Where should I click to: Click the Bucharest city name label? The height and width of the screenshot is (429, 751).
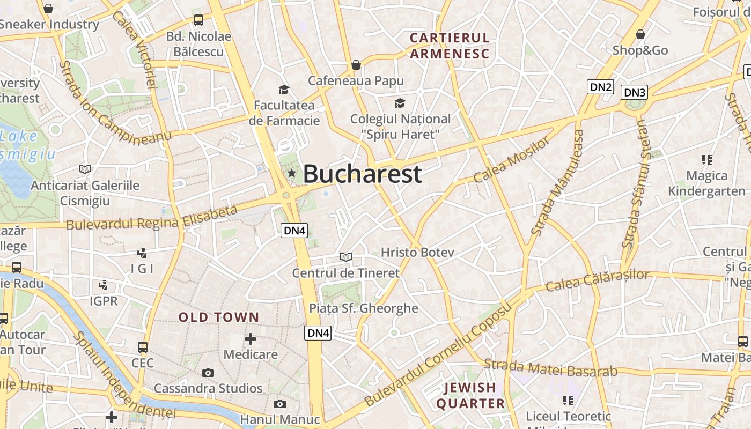(x=362, y=174)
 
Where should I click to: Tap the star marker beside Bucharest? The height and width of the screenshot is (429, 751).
(x=291, y=173)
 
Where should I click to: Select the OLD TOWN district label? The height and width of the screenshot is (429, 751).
(x=219, y=317)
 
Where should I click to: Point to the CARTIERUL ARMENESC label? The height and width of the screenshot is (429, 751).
(x=450, y=46)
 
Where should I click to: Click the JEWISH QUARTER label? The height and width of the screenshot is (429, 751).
(x=470, y=395)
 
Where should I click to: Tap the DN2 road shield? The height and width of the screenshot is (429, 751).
(x=600, y=87)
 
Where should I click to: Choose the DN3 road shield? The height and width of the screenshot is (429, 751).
(x=635, y=92)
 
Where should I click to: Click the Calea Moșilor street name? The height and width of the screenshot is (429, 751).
(x=512, y=159)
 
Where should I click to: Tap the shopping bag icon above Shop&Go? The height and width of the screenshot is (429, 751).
(x=640, y=35)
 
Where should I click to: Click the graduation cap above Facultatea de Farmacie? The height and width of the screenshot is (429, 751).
(x=284, y=90)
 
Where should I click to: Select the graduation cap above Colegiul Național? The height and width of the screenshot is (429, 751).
(x=400, y=103)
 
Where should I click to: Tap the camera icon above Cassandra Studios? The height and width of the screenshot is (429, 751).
(x=208, y=373)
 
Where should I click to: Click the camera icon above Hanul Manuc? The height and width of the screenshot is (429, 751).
(x=279, y=404)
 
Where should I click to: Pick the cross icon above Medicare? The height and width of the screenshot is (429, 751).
(x=251, y=339)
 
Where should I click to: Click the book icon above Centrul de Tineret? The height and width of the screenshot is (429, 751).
(x=346, y=257)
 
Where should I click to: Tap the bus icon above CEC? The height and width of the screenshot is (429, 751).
(x=142, y=347)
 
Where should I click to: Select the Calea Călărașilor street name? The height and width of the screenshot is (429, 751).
(x=597, y=280)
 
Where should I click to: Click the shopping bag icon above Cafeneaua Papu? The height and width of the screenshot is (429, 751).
(x=356, y=65)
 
